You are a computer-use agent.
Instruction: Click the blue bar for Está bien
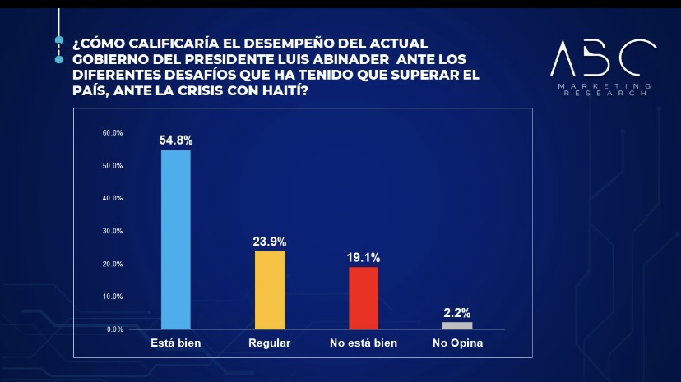click(176, 240)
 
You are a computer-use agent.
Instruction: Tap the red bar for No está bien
click(364, 297)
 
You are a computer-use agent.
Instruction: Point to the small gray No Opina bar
click(457, 325)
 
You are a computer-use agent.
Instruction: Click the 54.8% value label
click(175, 140)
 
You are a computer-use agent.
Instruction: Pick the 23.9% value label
click(270, 242)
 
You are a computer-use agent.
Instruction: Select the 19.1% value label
click(364, 257)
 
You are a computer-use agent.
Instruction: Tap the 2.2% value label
click(457, 312)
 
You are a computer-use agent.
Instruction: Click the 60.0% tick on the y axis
click(113, 133)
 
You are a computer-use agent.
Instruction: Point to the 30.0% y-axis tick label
click(113, 232)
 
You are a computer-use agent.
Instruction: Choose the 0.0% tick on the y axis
click(114, 329)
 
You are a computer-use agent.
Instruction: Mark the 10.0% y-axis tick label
click(113, 297)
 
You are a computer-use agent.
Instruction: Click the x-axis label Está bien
click(176, 343)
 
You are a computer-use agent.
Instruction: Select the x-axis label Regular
click(270, 343)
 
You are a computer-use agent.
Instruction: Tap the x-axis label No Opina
click(457, 343)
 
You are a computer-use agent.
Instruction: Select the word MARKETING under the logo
click(605, 86)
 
